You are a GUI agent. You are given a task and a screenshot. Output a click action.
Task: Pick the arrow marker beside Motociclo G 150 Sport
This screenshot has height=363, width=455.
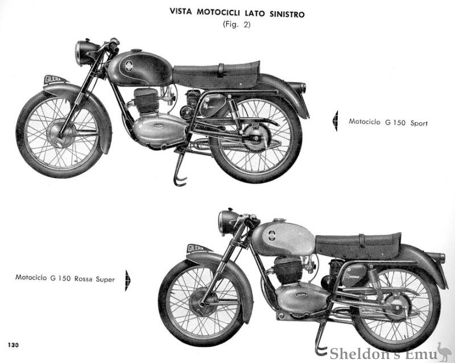(x=335, y=122)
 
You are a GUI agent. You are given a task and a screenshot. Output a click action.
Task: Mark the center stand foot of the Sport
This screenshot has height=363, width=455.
(x=180, y=181)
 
